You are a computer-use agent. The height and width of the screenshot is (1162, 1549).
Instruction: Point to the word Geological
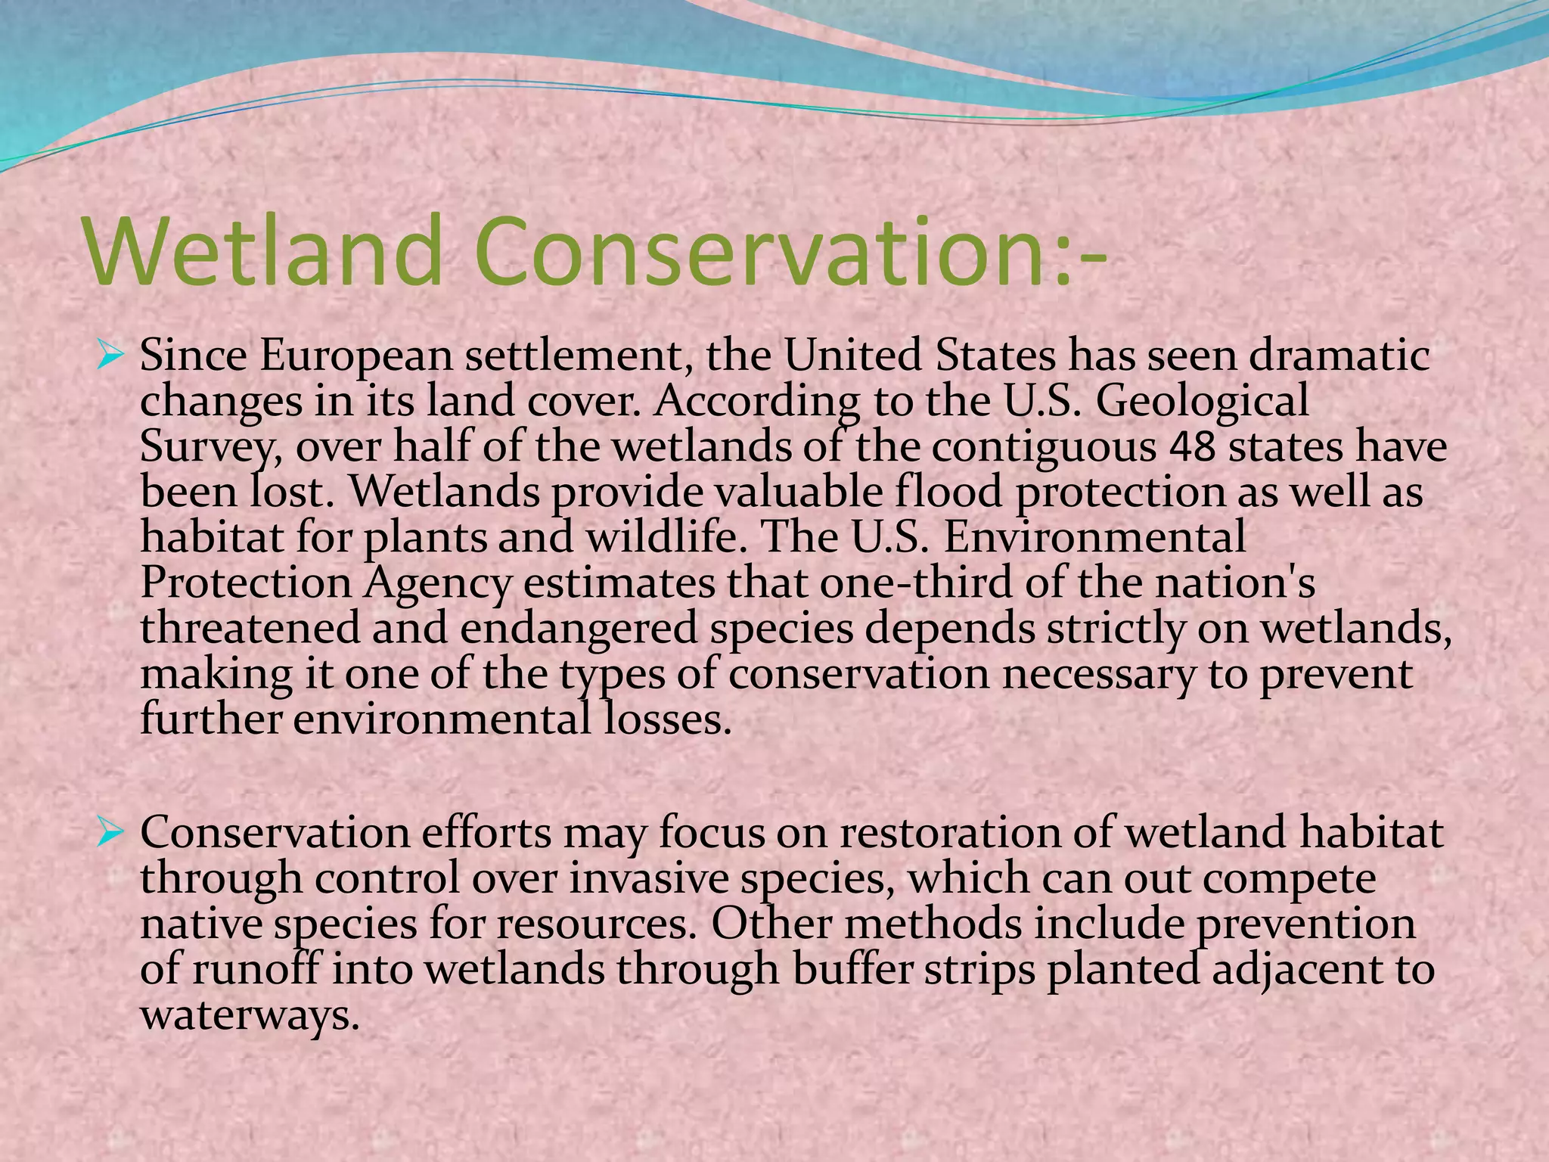1202,402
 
